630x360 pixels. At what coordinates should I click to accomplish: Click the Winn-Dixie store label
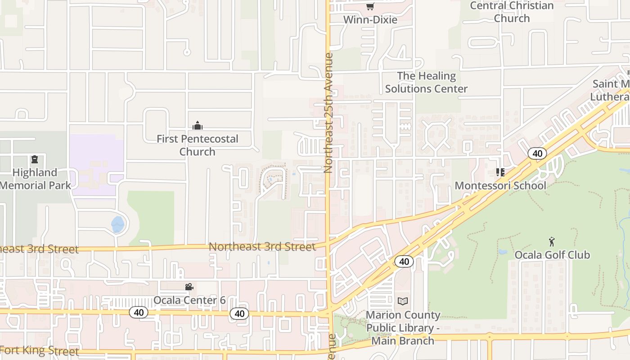[x=370, y=20]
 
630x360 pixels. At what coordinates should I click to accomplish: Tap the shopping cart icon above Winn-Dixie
[x=370, y=6]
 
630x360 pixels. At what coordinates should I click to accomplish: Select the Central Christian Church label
[x=512, y=12]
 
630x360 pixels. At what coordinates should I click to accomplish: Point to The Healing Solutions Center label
[x=426, y=82]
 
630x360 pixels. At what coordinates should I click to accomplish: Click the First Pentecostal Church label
[x=197, y=145]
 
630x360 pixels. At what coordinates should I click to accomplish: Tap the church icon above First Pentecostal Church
[x=197, y=126]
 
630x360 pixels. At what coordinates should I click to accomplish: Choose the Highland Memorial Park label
[x=35, y=179]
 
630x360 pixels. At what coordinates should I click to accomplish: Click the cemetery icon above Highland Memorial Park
[x=34, y=159]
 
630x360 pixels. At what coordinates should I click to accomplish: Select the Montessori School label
[x=500, y=185]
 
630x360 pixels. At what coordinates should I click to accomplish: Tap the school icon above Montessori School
[x=500, y=172]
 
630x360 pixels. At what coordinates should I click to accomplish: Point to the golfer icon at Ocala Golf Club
[x=552, y=242]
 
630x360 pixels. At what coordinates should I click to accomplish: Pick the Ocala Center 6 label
[x=189, y=300]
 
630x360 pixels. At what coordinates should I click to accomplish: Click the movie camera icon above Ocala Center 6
[x=189, y=287]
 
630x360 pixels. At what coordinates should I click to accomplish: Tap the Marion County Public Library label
[x=403, y=328]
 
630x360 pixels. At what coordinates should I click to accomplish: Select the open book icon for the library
[x=403, y=301]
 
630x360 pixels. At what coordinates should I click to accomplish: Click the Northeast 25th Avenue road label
[x=328, y=112]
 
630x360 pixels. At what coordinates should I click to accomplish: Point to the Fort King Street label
[x=40, y=351]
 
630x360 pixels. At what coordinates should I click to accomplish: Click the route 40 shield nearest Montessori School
[x=537, y=153]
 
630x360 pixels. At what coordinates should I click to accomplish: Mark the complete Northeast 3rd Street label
[x=262, y=247]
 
